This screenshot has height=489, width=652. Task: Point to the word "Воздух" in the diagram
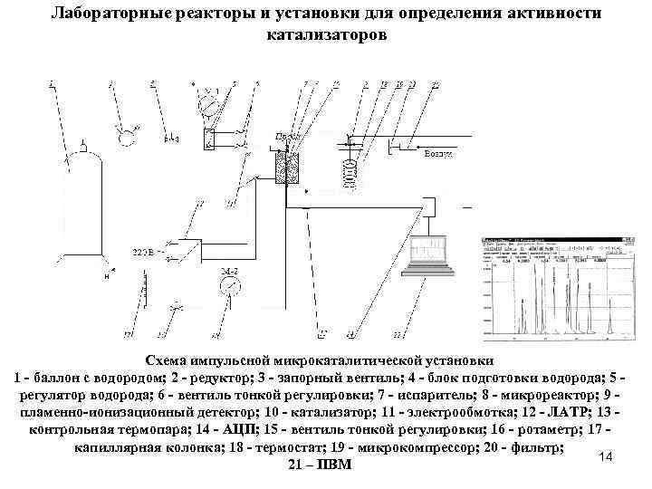437,155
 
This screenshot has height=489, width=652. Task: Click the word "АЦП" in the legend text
242,429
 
